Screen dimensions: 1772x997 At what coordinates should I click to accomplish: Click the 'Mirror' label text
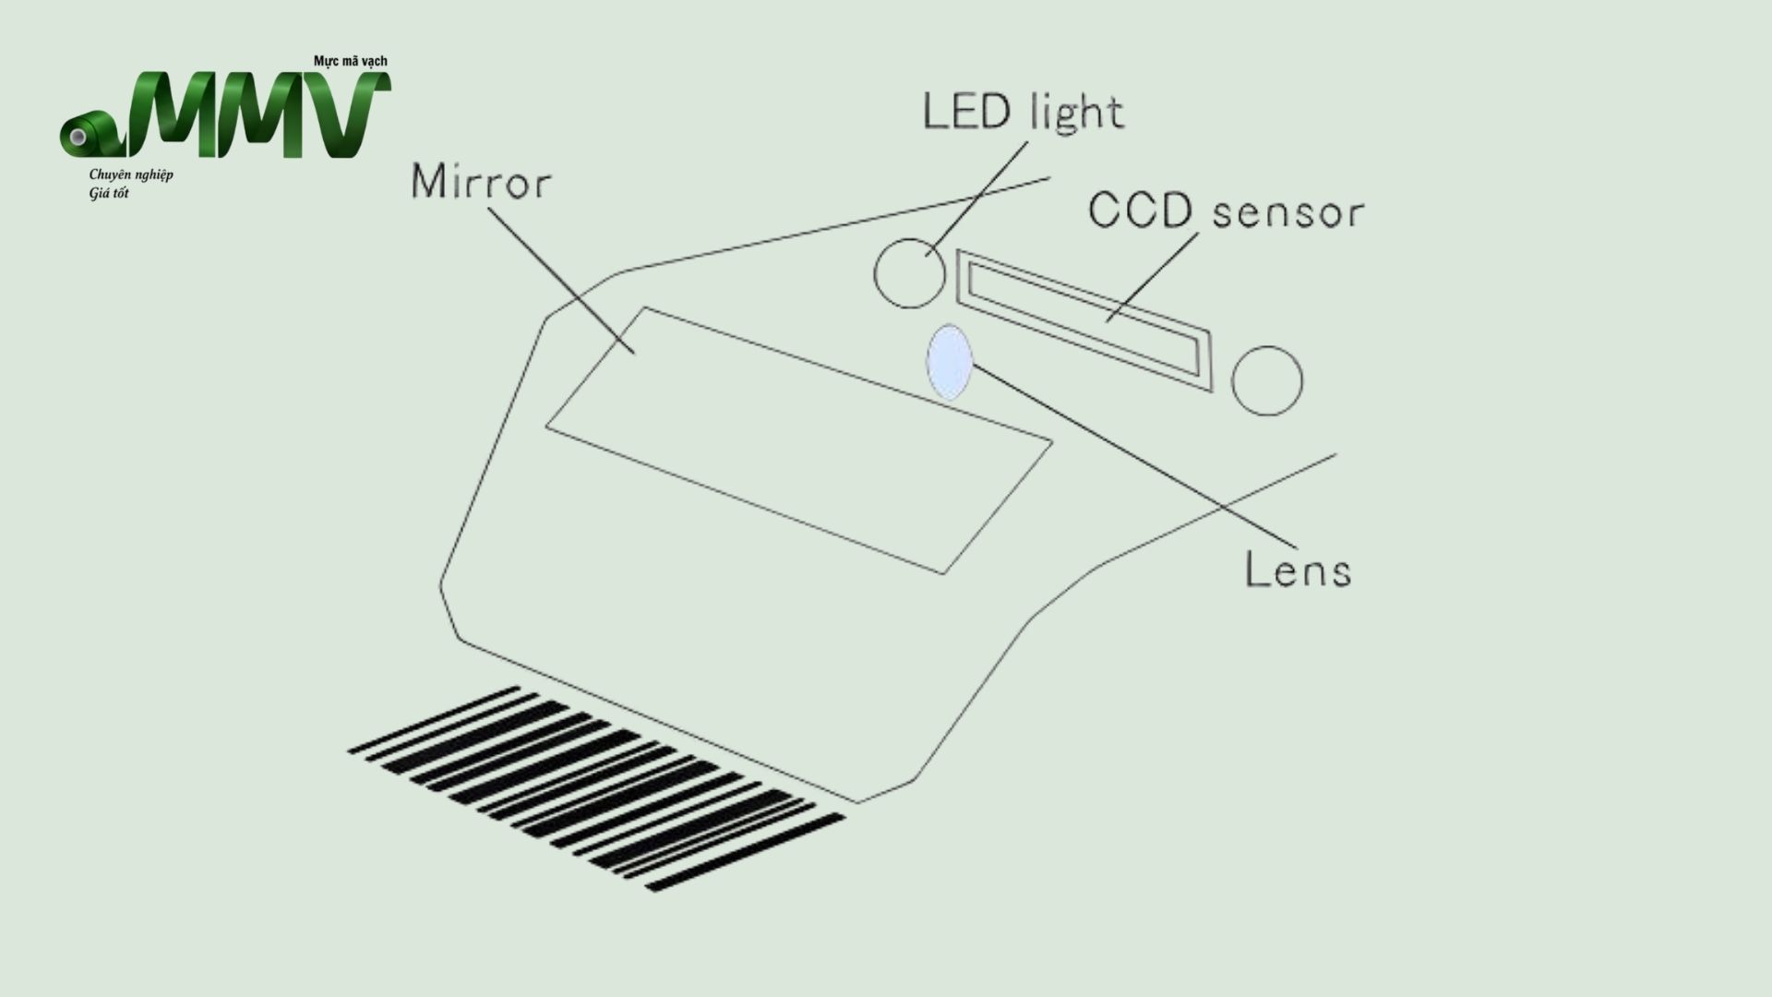481,181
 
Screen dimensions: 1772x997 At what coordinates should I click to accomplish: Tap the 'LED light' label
1024,112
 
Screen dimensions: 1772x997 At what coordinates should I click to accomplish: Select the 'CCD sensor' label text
1226,210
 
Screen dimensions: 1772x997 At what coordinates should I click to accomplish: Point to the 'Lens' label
1298,569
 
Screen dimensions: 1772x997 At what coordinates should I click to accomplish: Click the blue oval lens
950,362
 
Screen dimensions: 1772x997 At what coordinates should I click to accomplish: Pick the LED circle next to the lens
910,273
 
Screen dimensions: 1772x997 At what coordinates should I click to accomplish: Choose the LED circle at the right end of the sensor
1267,380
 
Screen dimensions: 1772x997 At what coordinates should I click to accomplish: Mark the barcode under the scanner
596,788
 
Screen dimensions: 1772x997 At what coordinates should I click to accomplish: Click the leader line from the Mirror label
561,281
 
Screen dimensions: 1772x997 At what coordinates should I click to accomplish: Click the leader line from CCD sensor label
1153,277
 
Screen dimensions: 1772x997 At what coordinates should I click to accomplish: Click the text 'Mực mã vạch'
351,61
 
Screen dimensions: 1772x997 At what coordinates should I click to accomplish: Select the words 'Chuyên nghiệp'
131,175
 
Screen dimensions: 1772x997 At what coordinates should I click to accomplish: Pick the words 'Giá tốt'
109,193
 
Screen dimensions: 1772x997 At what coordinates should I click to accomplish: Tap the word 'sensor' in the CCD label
1288,213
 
